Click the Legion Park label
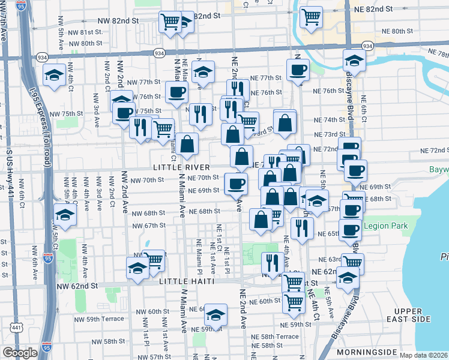[x=386, y=226]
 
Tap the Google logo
[x=20, y=353]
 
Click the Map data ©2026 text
[x=423, y=355]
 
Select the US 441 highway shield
[x=16, y=328]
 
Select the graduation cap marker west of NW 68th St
[x=65, y=214]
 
